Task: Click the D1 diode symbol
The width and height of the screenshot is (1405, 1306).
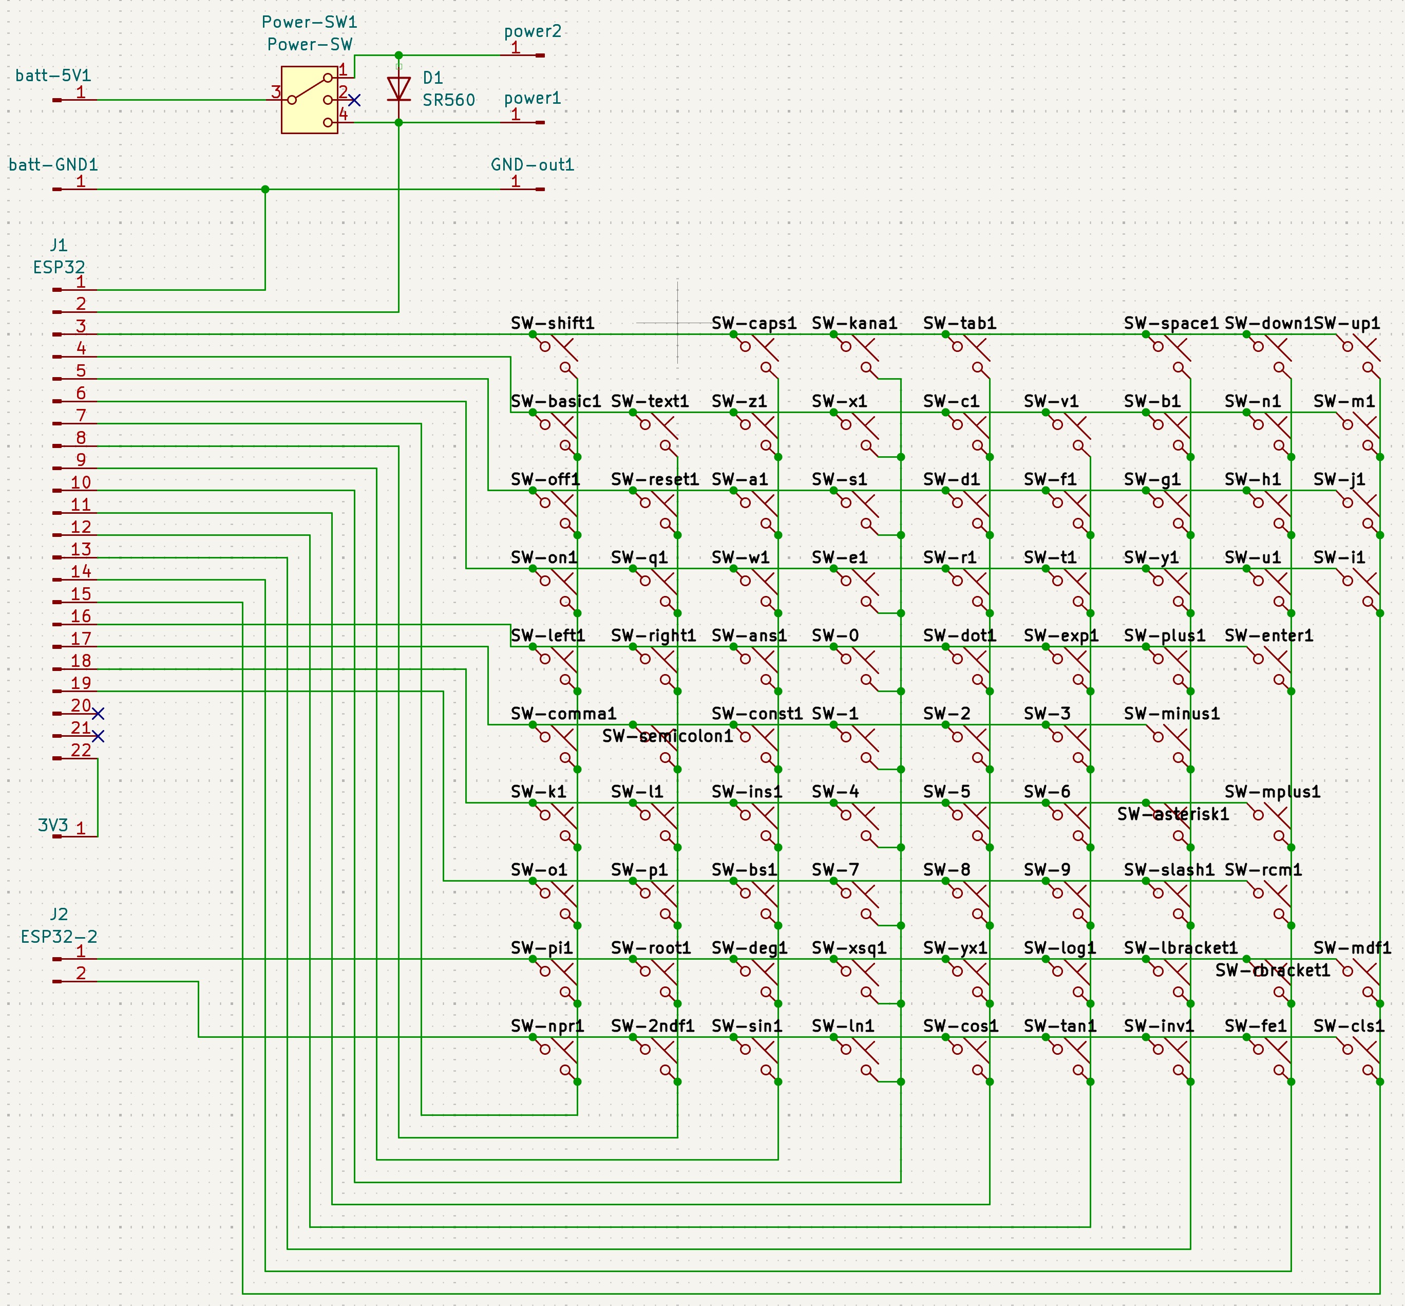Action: (x=399, y=89)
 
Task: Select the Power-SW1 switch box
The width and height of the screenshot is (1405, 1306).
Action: (x=309, y=100)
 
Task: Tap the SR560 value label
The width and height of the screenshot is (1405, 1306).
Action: (x=448, y=100)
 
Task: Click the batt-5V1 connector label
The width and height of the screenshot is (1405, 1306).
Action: (x=53, y=76)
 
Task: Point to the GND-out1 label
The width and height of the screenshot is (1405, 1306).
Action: (x=533, y=165)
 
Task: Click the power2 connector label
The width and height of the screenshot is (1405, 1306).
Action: (x=533, y=31)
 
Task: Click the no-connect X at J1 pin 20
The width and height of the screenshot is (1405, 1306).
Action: (x=98, y=714)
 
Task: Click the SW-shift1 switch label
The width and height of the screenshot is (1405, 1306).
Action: (x=553, y=324)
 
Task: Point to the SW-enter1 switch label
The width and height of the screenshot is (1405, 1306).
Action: (x=1269, y=636)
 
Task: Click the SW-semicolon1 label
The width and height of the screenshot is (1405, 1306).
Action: (x=668, y=736)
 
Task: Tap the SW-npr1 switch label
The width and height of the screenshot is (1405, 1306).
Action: (x=547, y=1026)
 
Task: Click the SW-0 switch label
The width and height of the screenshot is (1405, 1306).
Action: (x=835, y=636)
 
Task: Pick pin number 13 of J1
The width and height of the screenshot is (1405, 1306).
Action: (x=81, y=549)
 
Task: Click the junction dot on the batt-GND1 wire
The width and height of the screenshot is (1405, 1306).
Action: (x=265, y=190)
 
